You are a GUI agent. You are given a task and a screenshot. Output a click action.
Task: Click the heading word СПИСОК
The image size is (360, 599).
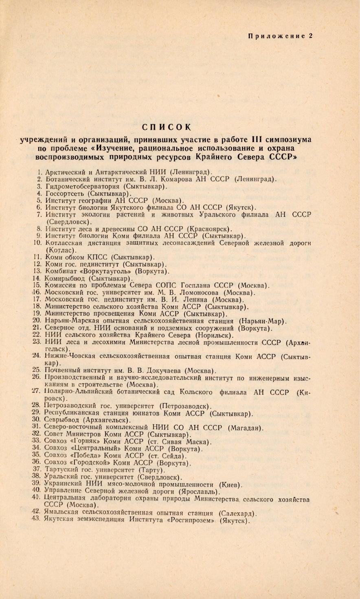pyautogui.click(x=166, y=127)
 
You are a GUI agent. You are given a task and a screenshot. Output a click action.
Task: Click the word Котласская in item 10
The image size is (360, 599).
pyautogui.click(x=64, y=243)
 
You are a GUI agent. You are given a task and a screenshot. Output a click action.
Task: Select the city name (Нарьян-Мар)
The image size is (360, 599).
pyautogui.click(x=263, y=321)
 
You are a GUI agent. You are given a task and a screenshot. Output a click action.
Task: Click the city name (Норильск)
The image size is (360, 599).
pyautogui.click(x=215, y=335)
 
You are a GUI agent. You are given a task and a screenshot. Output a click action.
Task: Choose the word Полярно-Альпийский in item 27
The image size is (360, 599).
pyautogui.click(x=79, y=392)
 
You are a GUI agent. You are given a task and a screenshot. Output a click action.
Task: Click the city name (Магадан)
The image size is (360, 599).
pyautogui.click(x=246, y=427)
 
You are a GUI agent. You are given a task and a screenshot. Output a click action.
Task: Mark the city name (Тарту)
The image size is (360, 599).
pyautogui.click(x=152, y=470)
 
